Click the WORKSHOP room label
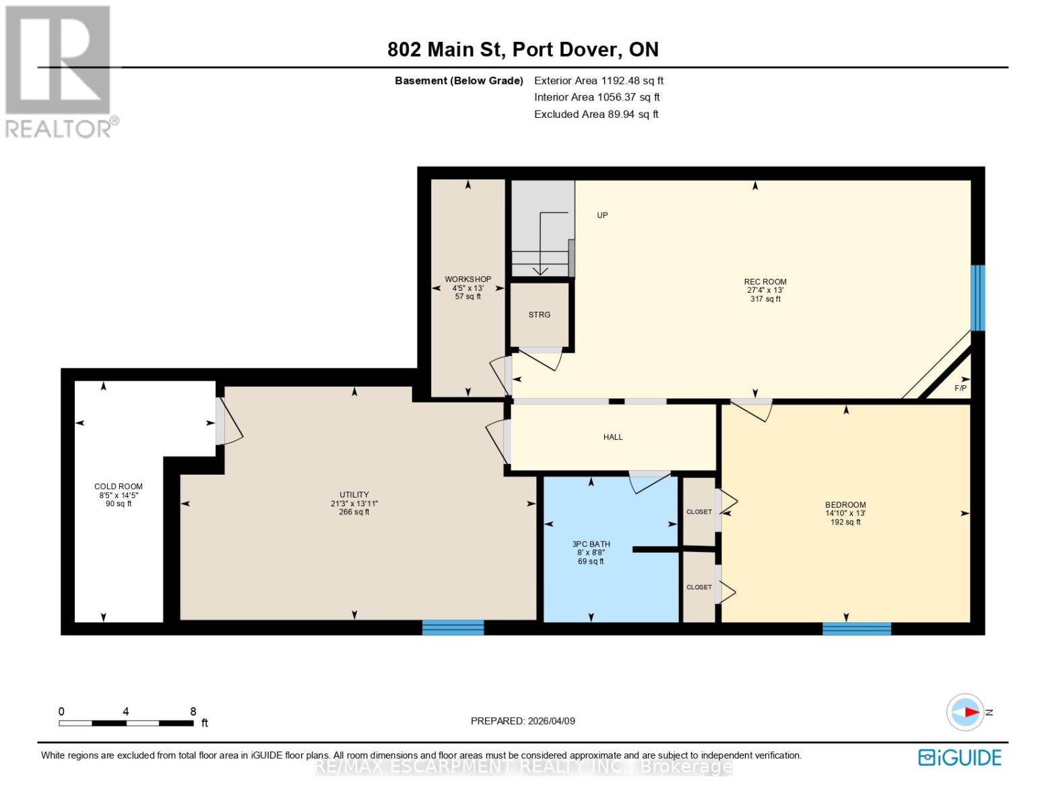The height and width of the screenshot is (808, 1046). coord(467,279)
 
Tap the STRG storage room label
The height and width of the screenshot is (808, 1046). coord(539,314)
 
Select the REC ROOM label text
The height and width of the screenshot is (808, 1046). coord(764,282)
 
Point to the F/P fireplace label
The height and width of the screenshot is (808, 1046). coord(960,389)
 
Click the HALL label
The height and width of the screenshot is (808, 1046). coord(612,437)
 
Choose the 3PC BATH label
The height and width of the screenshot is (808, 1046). coord(591,544)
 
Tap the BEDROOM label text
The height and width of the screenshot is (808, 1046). coord(845,505)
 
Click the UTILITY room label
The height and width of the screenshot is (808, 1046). coord(354,495)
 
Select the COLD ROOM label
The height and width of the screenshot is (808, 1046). coord(118,486)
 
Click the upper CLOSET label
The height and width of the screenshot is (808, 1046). coord(698,512)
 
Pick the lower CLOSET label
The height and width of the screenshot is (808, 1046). coord(698,587)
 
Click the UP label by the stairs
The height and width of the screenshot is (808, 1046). coord(602,215)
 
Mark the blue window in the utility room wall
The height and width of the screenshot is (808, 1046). coord(453,628)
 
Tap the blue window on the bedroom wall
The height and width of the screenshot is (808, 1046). coord(856,628)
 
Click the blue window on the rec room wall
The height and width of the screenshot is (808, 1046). coord(977,298)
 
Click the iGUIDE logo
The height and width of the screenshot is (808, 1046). coord(959,757)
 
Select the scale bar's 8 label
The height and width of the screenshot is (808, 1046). coord(193,711)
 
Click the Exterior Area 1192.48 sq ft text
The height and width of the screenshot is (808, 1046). coord(598,80)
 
